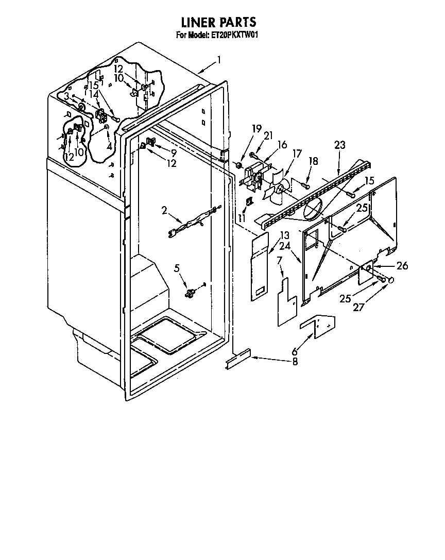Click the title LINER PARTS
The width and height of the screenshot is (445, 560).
coord(218,22)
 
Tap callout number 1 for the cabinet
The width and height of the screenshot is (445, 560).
coord(219,60)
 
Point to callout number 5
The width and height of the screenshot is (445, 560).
coord(177,268)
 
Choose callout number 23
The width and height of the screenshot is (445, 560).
coord(339,145)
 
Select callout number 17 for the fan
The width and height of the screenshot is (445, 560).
coord(297,153)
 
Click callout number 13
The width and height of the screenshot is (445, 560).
coord(284,236)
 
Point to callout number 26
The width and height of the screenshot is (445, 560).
coord(402,266)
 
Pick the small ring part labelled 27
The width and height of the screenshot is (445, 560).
coord(391,280)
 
